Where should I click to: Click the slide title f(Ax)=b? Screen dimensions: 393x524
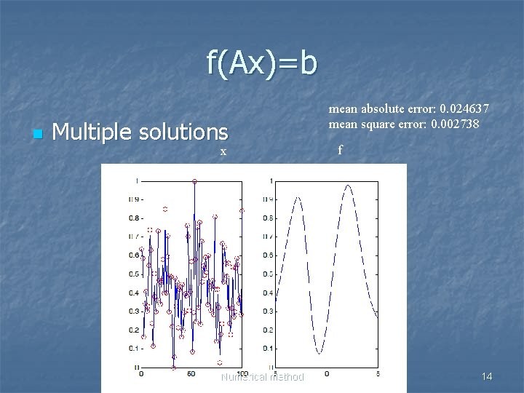point(262,63)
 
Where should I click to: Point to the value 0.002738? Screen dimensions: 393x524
point(455,124)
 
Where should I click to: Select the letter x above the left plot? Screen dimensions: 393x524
point(223,151)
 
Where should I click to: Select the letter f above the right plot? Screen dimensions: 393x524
point(339,151)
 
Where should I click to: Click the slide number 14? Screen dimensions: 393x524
point(487,376)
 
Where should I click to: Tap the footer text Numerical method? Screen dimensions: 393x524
point(263,377)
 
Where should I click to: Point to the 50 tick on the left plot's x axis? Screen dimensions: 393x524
point(191,374)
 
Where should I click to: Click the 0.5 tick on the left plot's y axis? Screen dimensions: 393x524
point(134,274)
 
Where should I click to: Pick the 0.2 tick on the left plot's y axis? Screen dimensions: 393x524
point(134,330)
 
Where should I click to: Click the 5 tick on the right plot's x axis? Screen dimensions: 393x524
point(376,374)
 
